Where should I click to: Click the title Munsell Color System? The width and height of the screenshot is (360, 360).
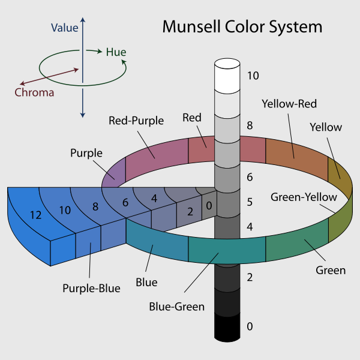tap(242, 27)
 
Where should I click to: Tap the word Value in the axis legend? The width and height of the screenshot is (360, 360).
tap(64, 27)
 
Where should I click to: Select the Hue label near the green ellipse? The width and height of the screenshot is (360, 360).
tap(116, 52)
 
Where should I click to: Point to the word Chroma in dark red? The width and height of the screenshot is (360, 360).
tap(34, 92)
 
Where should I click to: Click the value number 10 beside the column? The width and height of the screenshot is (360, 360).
tap(253, 76)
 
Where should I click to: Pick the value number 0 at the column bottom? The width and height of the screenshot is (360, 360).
tap(250, 326)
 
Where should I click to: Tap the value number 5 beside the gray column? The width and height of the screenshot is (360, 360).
tap(250, 202)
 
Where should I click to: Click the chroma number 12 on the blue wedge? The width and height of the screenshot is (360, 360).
tap(35, 215)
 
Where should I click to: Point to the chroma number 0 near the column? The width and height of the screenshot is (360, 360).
tap(208, 205)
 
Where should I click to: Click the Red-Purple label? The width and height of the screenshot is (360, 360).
tap(136, 121)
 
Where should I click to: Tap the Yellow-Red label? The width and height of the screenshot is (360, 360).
tap(289, 104)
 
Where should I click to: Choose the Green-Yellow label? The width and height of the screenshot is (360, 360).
tap(304, 197)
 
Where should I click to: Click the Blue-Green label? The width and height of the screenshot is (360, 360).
tap(177, 307)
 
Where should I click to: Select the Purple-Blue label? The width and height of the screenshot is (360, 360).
tap(91, 288)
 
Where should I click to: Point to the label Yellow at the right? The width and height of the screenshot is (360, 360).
tap(326, 127)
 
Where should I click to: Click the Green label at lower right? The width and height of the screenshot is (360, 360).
tap(331, 270)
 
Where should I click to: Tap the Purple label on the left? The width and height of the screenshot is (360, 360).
tap(86, 153)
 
